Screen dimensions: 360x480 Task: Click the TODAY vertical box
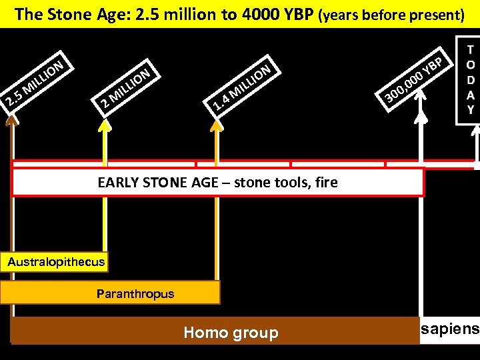[x=470, y=80]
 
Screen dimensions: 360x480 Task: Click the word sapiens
[x=450, y=329]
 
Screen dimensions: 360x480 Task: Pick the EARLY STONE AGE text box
[x=217, y=182]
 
